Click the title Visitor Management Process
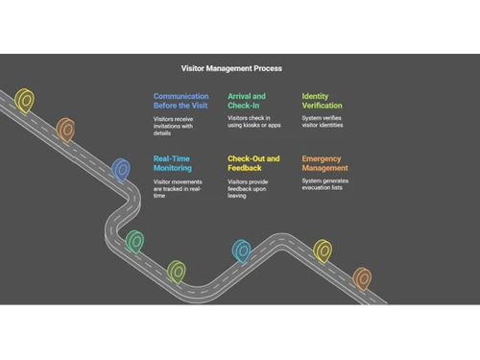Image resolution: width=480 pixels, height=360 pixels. tap(231, 68)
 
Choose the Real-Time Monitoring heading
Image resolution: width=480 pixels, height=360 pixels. tap(174, 162)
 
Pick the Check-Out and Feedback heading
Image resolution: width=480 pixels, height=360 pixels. tap(253, 162)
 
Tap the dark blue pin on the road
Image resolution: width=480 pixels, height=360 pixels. tap(121, 170)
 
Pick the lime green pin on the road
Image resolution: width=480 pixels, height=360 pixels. tap(176, 273)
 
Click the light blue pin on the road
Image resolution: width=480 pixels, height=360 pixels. tap(241, 252)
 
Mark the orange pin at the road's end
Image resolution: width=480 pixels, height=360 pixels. tap(362, 278)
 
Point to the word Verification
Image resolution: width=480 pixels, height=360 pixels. tap(322, 107)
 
